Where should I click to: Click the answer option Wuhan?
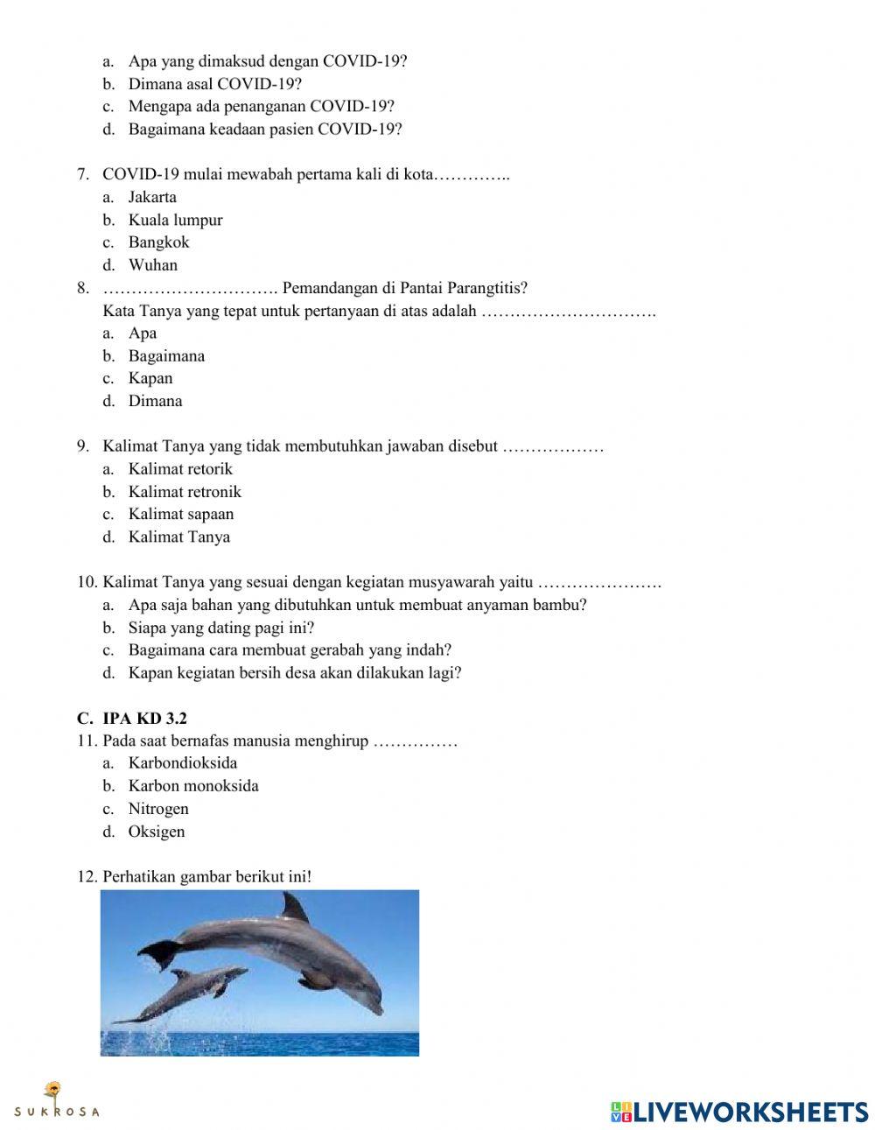pyautogui.click(x=152, y=265)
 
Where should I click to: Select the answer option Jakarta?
pyautogui.click(x=152, y=197)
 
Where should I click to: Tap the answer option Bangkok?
pyautogui.click(x=158, y=242)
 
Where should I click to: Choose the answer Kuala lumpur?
pyautogui.click(x=175, y=220)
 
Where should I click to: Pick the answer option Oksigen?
pyautogui.click(x=157, y=832)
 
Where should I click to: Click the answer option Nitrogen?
pyautogui.click(x=158, y=809)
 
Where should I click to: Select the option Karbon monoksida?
pyautogui.click(x=193, y=786)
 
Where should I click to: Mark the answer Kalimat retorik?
pyautogui.click(x=180, y=469)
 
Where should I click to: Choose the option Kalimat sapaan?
pyautogui.click(x=181, y=515)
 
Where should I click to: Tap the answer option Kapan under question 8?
pyautogui.click(x=150, y=379)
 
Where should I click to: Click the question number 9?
pyautogui.click(x=83, y=446)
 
